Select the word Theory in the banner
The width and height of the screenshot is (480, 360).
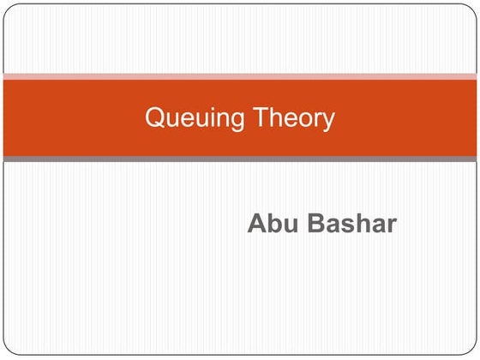coord(291,118)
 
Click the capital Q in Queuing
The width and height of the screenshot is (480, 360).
coord(154,117)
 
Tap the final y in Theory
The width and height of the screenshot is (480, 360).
coord(328,122)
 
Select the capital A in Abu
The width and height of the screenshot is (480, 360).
coord(256,224)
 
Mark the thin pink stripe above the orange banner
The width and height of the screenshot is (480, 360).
coord(240,76)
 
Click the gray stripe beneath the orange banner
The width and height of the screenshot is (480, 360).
coord(240,159)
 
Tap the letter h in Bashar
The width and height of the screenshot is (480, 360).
coord(360,224)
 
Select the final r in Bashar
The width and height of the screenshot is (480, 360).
coord(391,225)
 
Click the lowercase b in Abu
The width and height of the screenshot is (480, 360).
coord(272,224)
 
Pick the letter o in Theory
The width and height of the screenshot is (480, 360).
coord(302,120)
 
